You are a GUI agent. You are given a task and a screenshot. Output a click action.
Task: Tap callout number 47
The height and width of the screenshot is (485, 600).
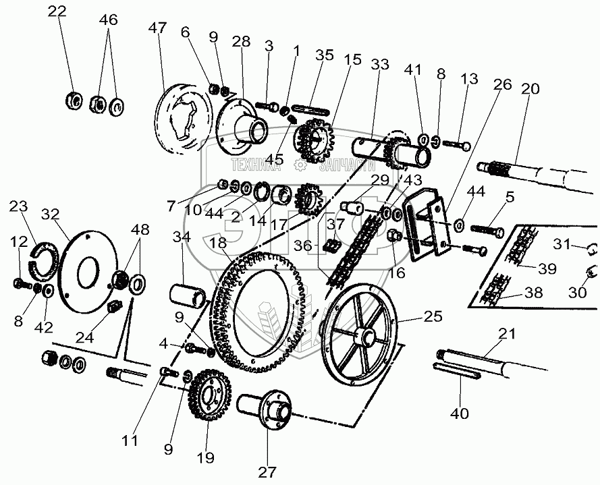(157, 28)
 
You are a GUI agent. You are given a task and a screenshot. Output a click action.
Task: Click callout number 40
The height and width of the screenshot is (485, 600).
(459, 413)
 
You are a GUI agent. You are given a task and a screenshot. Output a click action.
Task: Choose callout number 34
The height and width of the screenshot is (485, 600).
(181, 237)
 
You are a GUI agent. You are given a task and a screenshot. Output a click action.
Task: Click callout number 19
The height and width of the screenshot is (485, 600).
(206, 458)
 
